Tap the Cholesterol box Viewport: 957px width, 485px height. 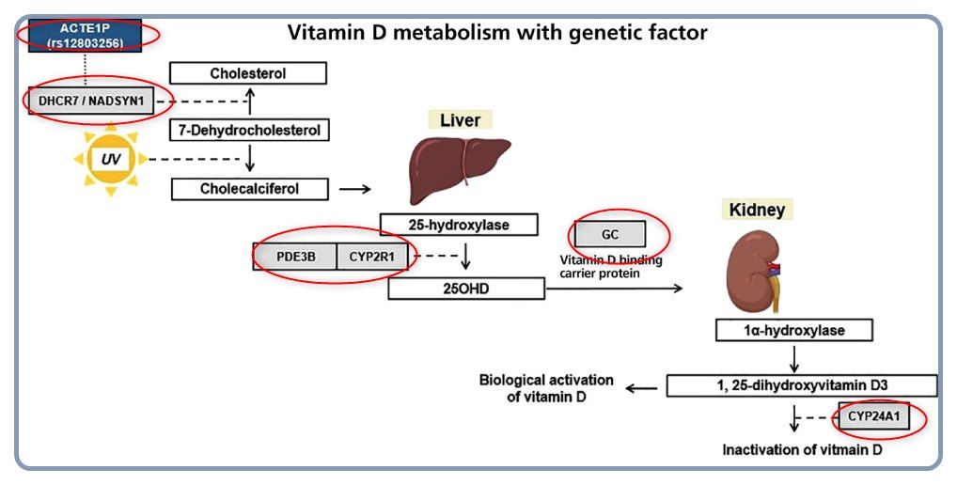248,73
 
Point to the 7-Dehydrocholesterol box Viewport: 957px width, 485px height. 249,130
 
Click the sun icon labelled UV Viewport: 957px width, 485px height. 110,159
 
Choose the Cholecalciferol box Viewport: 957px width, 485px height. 249,189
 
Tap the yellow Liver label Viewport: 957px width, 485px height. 460,120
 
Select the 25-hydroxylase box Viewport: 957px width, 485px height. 459,225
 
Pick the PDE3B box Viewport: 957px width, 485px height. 294,256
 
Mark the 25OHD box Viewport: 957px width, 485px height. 466,288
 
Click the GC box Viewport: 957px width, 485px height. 609,234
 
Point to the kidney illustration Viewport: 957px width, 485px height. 752,272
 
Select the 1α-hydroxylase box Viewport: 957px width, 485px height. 793,331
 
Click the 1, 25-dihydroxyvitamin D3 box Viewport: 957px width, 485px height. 802,385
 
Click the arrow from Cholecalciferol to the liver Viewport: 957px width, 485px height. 353,189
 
